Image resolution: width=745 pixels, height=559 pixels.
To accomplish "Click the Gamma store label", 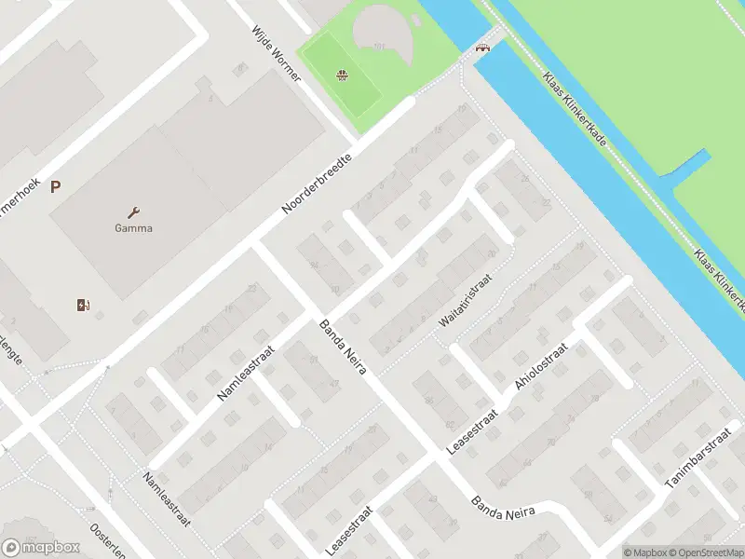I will [133, 228].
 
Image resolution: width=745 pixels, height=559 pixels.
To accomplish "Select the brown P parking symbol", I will [56, 187].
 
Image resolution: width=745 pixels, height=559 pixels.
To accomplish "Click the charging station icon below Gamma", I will [82, 304].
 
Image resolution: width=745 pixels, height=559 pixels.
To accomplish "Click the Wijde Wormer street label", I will [277, 53].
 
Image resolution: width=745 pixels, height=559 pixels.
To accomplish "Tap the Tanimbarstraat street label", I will [698, 463].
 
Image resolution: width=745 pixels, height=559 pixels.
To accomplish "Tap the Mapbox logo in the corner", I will [41, 547].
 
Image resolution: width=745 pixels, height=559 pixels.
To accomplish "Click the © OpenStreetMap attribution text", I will [704, 552].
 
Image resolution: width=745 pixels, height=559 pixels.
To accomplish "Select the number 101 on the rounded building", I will [379, 46].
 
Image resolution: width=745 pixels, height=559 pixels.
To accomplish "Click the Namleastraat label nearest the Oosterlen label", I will [166, 499].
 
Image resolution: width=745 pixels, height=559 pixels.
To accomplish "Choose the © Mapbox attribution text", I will [643, 552].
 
